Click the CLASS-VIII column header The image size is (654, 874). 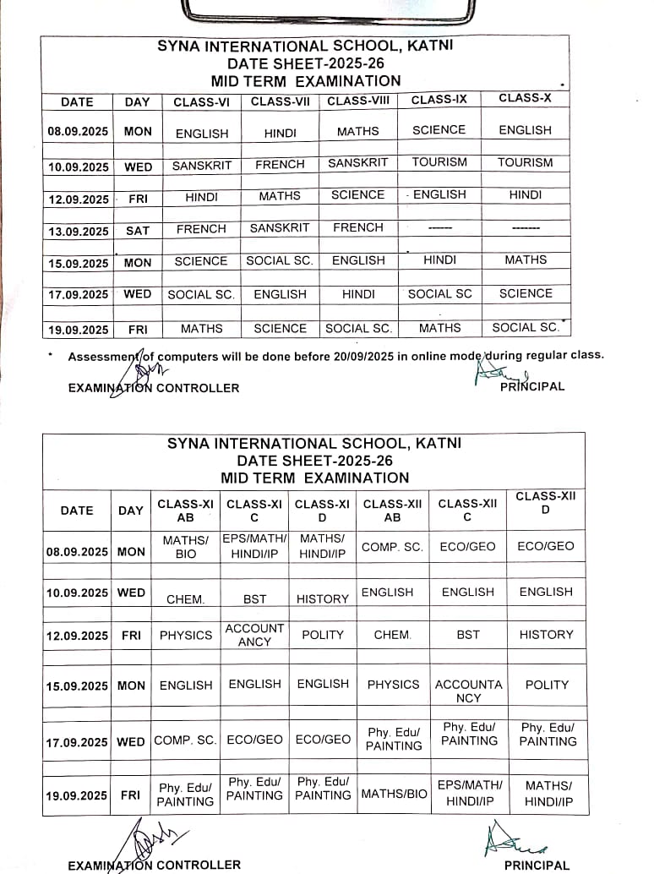[358, 101]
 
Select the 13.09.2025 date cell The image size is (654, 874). [78, 231]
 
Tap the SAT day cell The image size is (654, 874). [138, 230]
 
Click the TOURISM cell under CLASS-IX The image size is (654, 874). [439, 162]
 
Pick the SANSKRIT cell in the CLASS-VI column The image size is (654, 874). [202, 166]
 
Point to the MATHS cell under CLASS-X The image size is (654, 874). [526, 259]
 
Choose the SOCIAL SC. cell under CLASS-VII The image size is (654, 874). [280, 260]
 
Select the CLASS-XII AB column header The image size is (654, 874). [393, 511]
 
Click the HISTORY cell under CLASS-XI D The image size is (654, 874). [323, 598]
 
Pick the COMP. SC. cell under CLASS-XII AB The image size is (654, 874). [392, 547]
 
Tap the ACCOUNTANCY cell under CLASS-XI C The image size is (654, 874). [254, 635]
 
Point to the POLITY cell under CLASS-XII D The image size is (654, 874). [547, 685]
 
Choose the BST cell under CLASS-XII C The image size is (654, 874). [468, 634]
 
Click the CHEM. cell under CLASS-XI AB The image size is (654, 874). [185, 599]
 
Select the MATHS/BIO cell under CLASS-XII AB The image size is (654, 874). [395, 794]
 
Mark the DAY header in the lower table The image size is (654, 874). [131, 511]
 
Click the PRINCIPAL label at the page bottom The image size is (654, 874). [537, 865]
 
